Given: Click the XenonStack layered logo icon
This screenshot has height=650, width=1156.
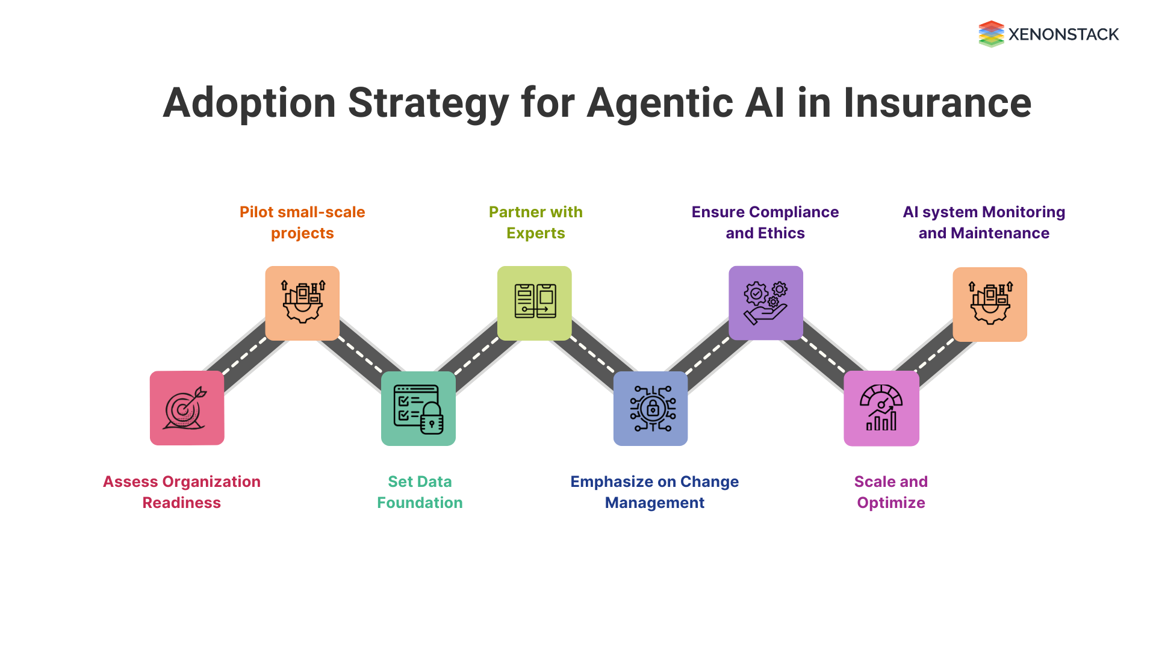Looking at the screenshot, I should point(991,34).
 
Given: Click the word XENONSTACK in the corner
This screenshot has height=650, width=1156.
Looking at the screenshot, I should point(1063,34).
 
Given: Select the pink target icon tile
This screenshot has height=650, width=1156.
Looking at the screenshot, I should point(187,408).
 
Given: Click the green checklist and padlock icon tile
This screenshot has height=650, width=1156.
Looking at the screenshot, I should point(418,409).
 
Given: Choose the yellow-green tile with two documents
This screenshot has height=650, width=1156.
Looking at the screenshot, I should point(535,303).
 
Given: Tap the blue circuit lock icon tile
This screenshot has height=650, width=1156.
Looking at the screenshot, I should point(650,409).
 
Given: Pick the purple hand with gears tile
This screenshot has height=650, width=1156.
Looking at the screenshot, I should point(766,303).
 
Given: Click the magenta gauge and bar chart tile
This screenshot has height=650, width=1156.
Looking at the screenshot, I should point(881,409).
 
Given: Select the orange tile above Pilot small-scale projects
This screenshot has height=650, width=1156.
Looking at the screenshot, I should point(302,303).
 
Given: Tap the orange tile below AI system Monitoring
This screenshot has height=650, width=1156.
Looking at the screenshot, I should point(990,305).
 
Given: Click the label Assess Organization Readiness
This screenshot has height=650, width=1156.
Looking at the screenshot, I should point(181,492).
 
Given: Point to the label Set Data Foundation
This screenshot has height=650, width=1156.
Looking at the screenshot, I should point(420,492).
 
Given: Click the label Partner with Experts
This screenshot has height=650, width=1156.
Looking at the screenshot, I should point(535,222).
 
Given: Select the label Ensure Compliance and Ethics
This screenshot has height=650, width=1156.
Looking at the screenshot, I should point(765,222).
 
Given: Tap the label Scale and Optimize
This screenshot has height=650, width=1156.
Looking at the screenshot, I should point(890,492).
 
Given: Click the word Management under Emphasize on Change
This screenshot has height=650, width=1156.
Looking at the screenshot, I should point(654,503).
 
